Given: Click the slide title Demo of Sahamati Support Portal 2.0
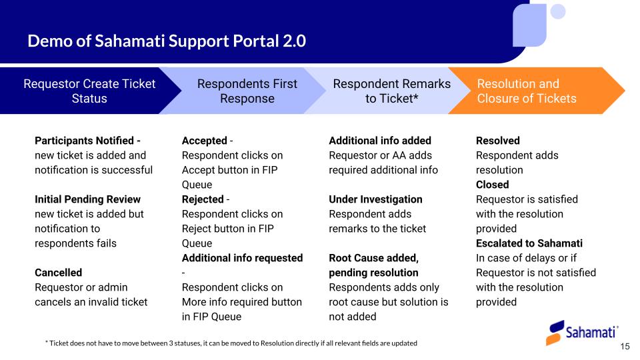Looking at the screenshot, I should (167, 41).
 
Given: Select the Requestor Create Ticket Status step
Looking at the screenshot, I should (89, 91).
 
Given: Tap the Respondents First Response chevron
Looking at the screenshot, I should (247, 91).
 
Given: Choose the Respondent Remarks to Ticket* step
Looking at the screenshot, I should (391, 91).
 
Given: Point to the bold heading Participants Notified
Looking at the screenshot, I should (87, 141).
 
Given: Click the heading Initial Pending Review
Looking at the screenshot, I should (87, 199).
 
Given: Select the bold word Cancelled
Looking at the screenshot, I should (58, 273).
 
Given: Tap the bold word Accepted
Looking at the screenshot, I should (204, 141).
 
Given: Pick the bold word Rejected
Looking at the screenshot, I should (202, 199).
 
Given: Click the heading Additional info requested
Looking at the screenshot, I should (242, 258).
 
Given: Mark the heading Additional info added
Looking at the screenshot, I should (380, 141).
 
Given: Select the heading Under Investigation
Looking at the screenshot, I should (375, 199).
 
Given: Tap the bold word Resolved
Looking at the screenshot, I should (497, 141).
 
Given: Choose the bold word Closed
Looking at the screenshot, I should (492, 185).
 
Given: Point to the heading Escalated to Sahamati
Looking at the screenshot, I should (529, 243).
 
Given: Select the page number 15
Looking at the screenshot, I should (625, 347).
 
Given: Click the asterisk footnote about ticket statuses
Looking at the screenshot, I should (231, 343).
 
